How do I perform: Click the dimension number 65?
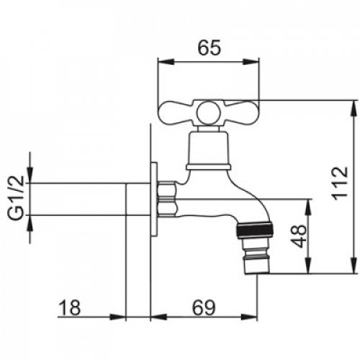click(209, 48)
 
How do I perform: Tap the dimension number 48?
click(300, 236)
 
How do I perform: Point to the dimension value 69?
click(204, 307)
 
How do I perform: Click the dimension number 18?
click(69, 307)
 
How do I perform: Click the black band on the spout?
click(255, 230)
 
